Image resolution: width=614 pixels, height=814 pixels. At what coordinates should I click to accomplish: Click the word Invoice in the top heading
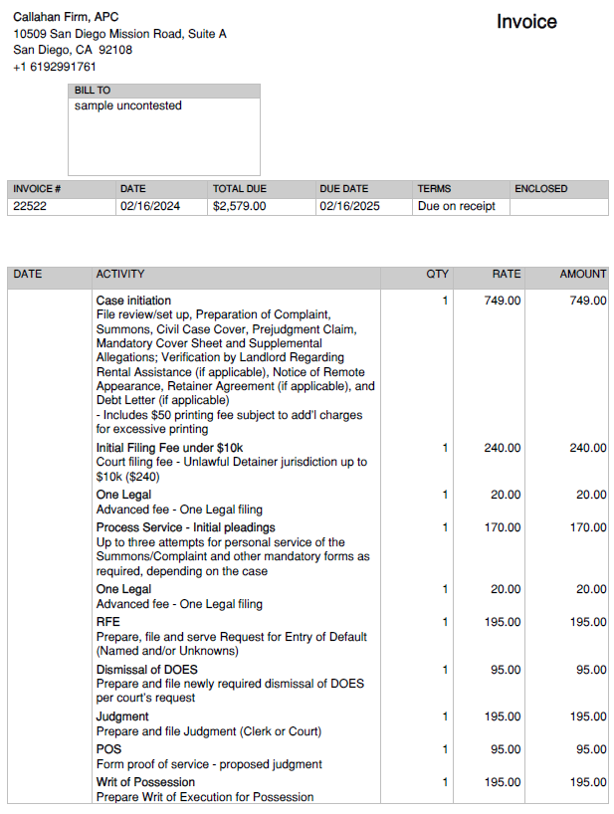(526, 22)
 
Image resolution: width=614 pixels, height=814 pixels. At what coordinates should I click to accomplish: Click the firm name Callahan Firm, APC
(66, 17)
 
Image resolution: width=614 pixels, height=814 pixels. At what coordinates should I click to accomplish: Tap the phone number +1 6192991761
(55, 67)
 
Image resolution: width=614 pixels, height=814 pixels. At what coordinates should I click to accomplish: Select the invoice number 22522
(30, 207)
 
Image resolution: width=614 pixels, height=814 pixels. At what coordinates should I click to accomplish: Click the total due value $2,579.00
(239, 207)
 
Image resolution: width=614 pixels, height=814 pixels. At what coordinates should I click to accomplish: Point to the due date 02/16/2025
(349, 207)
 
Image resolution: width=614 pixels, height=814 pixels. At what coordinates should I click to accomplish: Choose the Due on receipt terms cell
(456, 207)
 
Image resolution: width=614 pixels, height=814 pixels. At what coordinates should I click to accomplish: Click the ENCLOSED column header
(540, 189)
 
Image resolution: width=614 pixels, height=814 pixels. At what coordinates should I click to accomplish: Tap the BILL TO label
(93, 91)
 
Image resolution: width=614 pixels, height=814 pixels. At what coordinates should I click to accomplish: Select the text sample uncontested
(127, 105)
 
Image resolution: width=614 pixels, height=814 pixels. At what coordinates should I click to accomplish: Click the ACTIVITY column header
(119, 274)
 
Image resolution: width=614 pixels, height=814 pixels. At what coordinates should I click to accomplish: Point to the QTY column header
(437, 274)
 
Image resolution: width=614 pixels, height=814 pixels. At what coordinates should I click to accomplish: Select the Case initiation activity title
(133, 301)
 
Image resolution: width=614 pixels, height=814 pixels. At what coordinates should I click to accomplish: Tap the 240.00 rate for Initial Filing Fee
(502, 448)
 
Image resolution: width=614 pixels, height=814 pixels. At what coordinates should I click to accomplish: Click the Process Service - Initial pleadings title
(185, 527)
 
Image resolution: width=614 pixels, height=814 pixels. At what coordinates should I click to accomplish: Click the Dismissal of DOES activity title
(146, 670)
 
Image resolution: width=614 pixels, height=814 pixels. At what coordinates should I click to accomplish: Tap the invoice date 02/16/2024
(149, 207)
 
